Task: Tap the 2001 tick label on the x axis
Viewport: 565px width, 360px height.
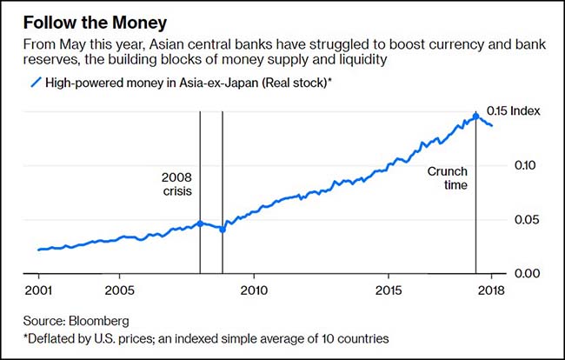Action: tap(38, 290)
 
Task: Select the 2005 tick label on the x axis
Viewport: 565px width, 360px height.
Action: tap(119, 290)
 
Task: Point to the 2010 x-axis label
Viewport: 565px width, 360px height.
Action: tap(253, 290)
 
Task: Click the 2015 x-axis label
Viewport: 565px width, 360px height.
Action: tap(388, 290)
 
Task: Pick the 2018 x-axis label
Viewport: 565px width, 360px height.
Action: tap(491, 290)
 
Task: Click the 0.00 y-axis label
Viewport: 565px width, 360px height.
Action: tap(526, 273)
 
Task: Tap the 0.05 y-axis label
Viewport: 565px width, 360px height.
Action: tap(526, 219)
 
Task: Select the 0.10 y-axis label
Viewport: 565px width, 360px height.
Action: tap(526, 165)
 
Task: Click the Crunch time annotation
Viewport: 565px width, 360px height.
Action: tap(448, 178)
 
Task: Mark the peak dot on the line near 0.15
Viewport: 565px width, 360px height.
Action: tap(475, 115)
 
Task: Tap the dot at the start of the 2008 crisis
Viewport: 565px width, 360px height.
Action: tap(200, 223)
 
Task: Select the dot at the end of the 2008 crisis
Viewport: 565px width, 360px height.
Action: tap(223, 230)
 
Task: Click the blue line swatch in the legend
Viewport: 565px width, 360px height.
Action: tap(37, 83)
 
